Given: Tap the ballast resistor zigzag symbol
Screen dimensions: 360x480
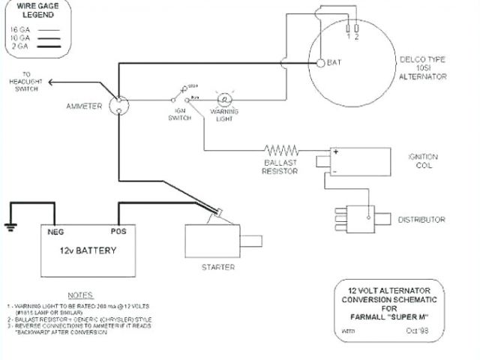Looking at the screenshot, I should [x=280, y=150].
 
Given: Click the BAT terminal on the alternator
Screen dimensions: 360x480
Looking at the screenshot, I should [x=320, y=63].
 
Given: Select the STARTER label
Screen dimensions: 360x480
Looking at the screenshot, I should [x=218, y=267].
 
